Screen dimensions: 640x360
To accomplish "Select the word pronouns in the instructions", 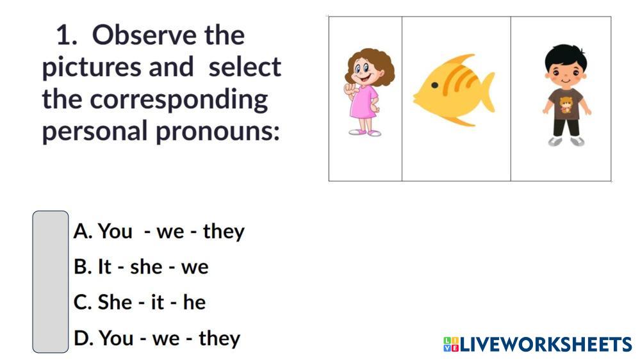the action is pyautogui.click(x=218, y=132).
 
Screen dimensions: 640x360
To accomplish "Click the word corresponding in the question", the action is pyautogui.click(x=179, y=100).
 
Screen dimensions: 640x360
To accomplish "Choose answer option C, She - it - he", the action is pyautogui.click(x=140, y=302).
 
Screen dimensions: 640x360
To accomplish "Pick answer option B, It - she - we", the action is pyautogui.click(x=141, y=267).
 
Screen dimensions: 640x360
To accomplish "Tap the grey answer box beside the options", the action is pyautogui.click(x=51, y=282).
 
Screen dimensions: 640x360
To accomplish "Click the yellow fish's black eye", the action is pyautogui.click(x=435, y=85).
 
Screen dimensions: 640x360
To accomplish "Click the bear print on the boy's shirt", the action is pyautogui.click(x=566, y=104).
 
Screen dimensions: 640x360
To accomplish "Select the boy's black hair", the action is pyautogui.click(x=566, y=55).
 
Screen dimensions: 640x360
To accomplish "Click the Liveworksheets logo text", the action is pyautogui.click(x=546, y=345).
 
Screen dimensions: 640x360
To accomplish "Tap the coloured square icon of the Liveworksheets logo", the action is pyautogui.click(x=451, y=345).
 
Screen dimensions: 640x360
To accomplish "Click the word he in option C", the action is pyautogui.click(x=194, y=302).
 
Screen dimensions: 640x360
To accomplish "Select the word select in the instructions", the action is pyautogui.click(x=245, y=67).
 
